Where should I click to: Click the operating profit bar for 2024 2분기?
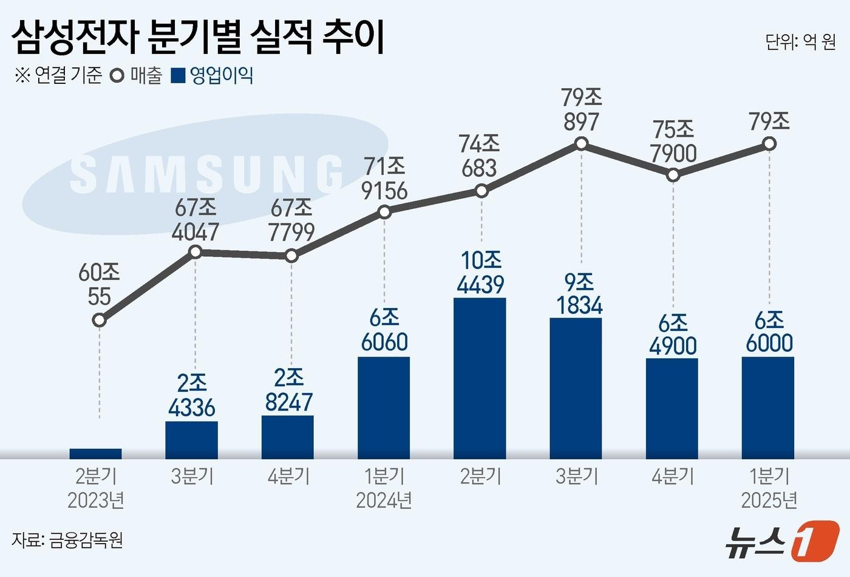pos(480,378)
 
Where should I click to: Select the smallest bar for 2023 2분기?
pos(96,453)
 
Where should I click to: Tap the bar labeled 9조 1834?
pos(576,388)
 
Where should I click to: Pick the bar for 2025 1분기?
pos(767,408)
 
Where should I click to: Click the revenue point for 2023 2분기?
pos(100,320)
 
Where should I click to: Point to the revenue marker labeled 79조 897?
pos(581,144)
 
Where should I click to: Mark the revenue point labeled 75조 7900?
pos(673,175)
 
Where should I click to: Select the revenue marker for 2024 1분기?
pos(384,212)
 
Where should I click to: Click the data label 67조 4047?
pos(195,220)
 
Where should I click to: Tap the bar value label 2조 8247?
pos(289,390)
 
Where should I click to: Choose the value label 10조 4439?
pos(481,272)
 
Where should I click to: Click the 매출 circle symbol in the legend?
pos(117,76)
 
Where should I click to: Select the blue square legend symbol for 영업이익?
pos(178,76)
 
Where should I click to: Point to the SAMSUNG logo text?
pos(206,175)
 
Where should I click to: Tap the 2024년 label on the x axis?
pos(384,500)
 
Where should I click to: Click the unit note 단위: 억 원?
pos(800,42)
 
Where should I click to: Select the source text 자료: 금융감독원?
pos(67,539)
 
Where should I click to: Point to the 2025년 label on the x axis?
pos(769,500)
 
